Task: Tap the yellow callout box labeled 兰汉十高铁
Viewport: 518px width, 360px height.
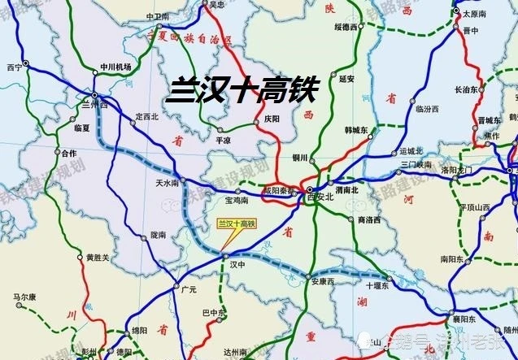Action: click(x=235, y=223)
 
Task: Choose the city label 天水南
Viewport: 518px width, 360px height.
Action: click(x=168, y=183)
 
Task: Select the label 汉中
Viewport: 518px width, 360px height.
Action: click(x=237, y=264)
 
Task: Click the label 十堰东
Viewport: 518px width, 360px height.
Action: click(x=378, y=286)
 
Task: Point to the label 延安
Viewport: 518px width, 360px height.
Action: click(x=347, y=78)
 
